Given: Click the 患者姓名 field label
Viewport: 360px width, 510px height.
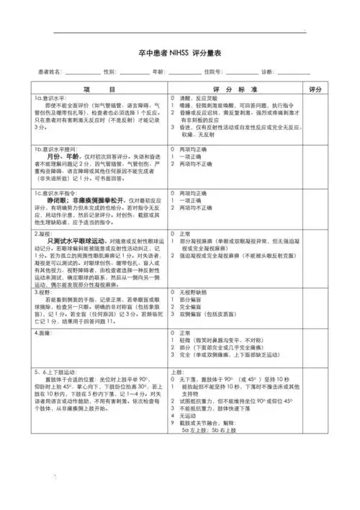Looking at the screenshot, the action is [42, 72].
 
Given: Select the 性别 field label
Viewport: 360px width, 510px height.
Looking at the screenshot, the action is [110, 72].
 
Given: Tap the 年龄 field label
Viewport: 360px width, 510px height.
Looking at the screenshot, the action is [161, 72].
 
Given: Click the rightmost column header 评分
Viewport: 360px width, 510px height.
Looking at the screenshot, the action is [315, 89].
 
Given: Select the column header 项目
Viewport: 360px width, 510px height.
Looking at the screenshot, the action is [99, 89].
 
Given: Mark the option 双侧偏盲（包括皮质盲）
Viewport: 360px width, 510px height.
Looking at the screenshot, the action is [213, 315].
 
